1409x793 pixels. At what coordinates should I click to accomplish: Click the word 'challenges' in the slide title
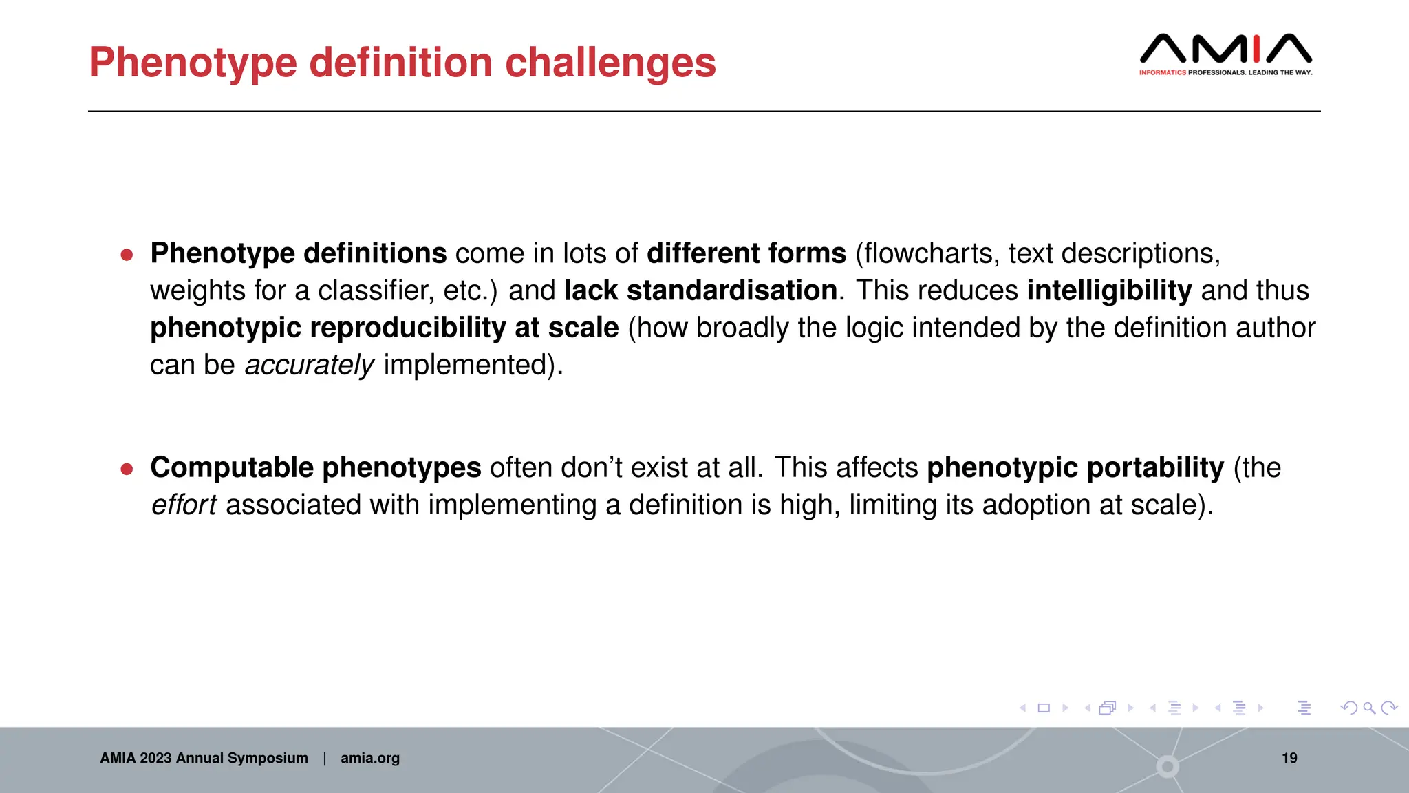coord(610,63)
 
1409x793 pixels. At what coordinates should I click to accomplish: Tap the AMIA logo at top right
coord(1225,54)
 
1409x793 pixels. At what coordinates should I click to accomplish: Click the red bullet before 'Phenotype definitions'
coord(127,255)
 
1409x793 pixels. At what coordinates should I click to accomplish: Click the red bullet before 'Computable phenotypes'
coord(127,469)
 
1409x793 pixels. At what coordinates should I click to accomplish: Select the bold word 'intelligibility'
coord(1109,290)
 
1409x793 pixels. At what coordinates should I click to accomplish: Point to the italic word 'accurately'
coord(310,365)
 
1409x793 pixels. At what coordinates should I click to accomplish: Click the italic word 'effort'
coord(184,505)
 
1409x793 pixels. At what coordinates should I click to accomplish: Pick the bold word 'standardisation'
coord(731,290)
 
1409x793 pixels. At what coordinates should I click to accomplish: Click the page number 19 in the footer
coord(1289,758)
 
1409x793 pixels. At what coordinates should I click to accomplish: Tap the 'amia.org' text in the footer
coord(370,758)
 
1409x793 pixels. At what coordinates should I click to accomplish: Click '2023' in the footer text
coord(155,758)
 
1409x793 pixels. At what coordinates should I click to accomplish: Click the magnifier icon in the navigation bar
coord(1369,708)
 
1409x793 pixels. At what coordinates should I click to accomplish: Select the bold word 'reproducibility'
coord(408,328)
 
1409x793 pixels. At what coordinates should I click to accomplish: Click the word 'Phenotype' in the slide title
coord(193,63)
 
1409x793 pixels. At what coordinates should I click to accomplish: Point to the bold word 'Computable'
coord(232,468)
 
